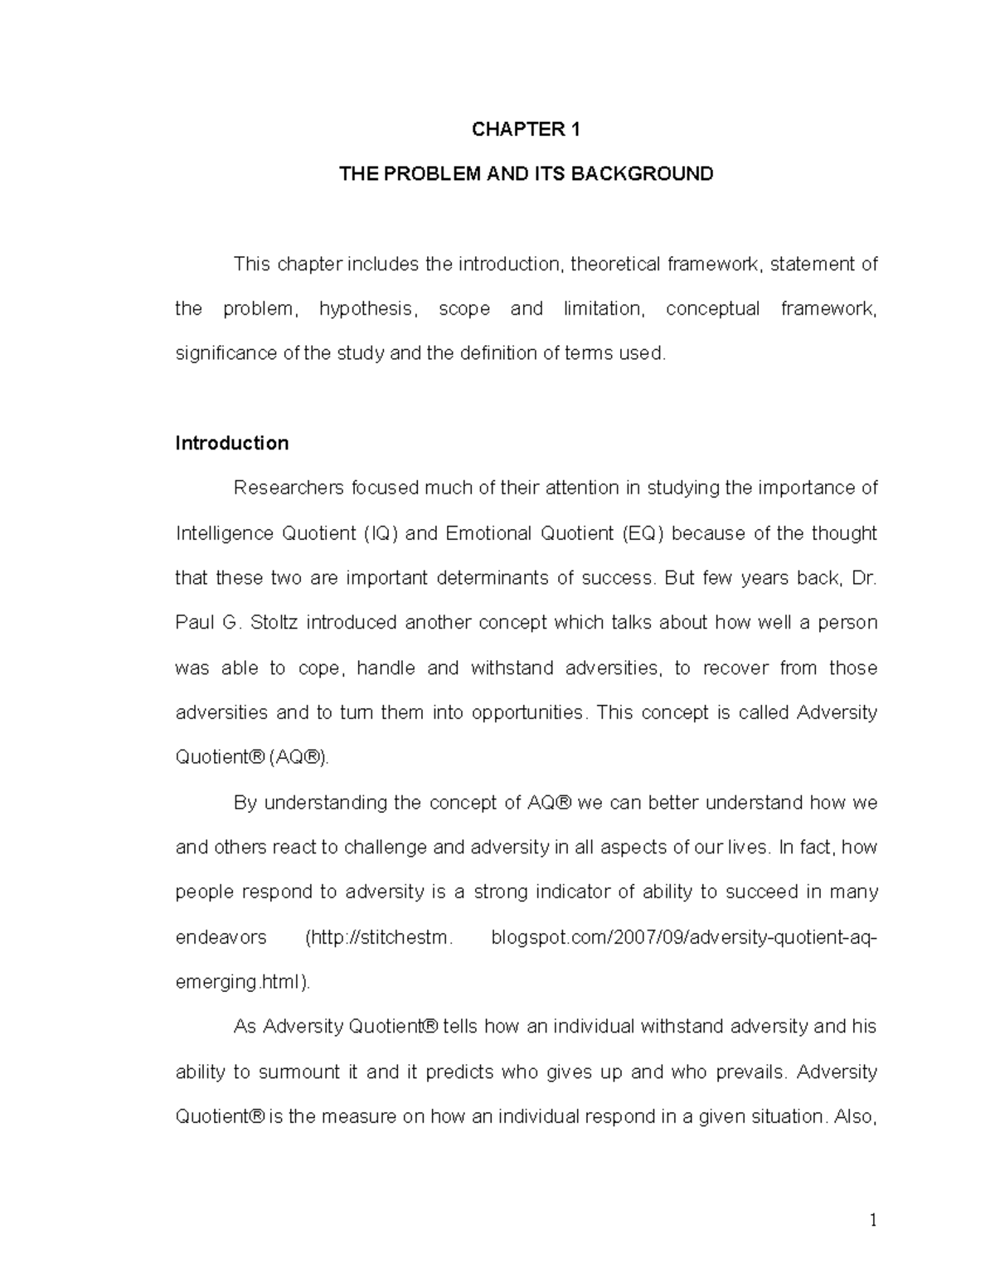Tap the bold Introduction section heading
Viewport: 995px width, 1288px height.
click(232, 443)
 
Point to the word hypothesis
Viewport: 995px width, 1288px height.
click(366, 309)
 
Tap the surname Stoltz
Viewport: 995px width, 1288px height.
click(273, 623)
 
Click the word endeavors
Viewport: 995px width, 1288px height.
click(221, 937)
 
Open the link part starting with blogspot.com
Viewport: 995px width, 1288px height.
click(684, 937)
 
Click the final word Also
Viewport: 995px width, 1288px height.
click(855, 1116)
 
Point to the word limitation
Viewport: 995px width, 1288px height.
click(603, 309)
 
